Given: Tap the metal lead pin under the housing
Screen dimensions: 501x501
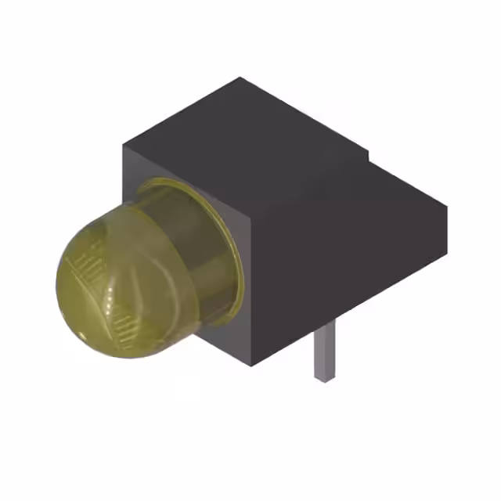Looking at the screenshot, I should point(325,352).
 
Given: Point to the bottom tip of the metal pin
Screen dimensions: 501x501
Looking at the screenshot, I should point(325,378).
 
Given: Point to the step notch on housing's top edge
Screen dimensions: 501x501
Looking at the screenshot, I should point(368,157).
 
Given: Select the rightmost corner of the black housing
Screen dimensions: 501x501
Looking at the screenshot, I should point(448,208).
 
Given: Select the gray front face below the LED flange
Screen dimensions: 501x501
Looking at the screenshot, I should point(227,344).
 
